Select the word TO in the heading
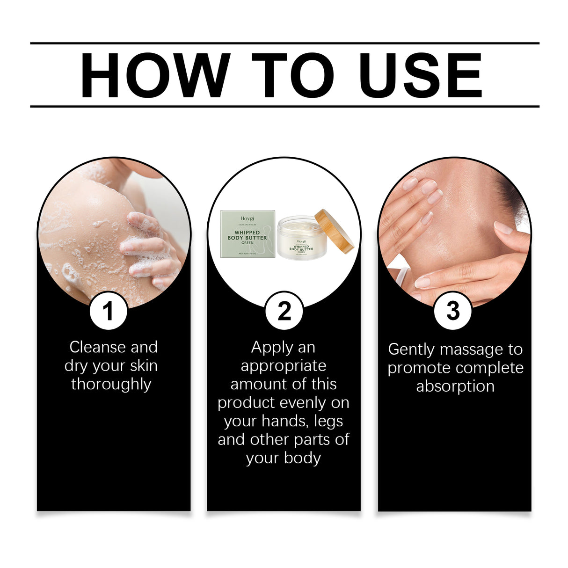coord(292,75)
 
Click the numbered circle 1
coord(108,311)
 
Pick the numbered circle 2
coord(284,311)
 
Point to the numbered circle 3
coord(452,311)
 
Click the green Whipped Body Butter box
coord(247,234)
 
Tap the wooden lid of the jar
coord(334,231)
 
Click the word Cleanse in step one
coord(97,347)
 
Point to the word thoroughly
coord(111,384)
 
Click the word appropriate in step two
coord(284,365)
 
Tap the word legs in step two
coord(328,421)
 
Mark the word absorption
coord(455,386)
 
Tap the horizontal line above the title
coord(284,43)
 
